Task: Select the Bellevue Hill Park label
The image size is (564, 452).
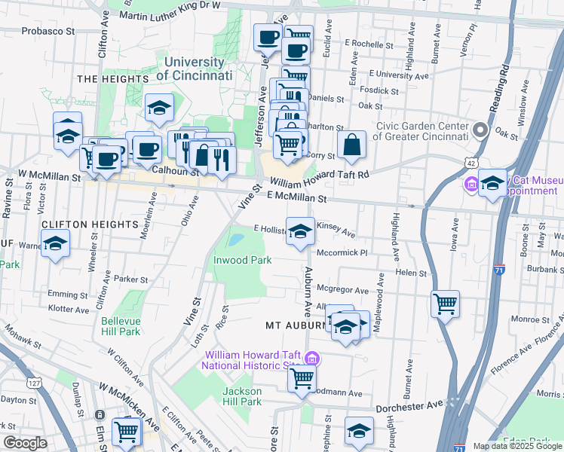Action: point(121,325)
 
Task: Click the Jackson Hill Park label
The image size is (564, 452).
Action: point(242,396)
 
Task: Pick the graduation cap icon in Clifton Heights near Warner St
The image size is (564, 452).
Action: point(55,243)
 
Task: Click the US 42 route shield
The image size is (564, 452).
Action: point(471,163)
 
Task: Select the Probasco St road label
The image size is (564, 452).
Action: point(49,32)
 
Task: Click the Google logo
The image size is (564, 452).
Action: point(25,443)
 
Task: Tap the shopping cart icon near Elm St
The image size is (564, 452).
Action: point(126,430)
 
